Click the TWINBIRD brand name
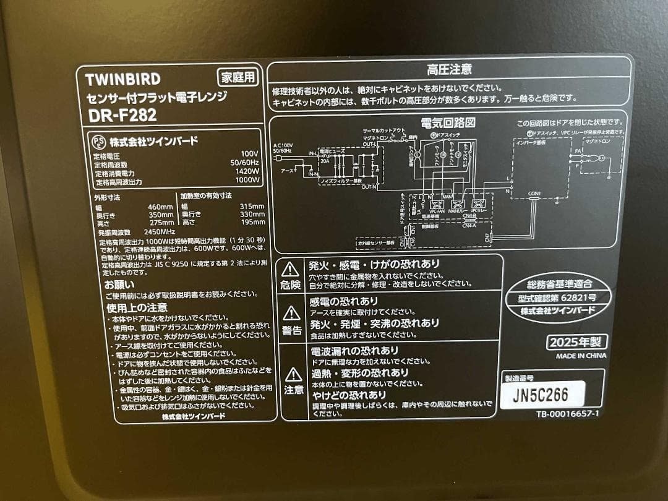pos(122,79)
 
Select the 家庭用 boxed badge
pos(238,78)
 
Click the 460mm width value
pos(160,207)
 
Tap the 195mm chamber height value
pos(252,223)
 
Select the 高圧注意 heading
pos(449,70)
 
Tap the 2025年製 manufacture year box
pos(576,342)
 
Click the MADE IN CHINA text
pos(581,356)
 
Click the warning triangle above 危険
pos(291,269)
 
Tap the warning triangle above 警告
pos(291,314)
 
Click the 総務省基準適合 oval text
pos(559,285)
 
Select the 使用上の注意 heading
pos(137,307)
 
